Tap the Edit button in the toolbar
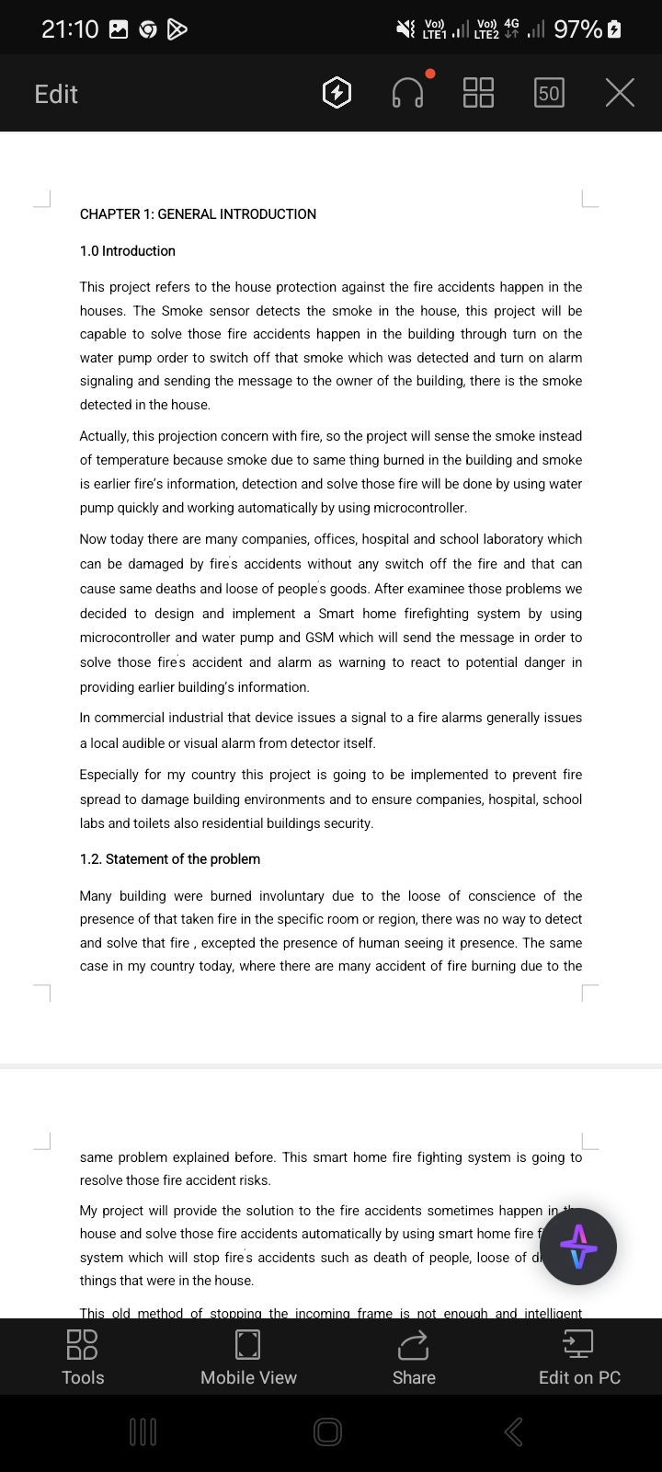[x=56, y=94]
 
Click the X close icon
[x=621, y=93]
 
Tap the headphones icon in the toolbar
[x=408, y=93]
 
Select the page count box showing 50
[x=549, y=93]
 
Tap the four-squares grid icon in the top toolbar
[x=478, y=93]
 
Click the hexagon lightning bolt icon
[x=337, y=93]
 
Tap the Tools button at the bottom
[x=83, y=1358]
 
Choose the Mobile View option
[x=248, y=1358]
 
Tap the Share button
[x=414, y=1358]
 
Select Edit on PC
[x=579, y=1358]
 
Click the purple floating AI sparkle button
[x=578, y=1247]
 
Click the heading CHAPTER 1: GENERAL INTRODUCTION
[x=198, y=214]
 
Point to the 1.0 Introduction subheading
[x=127, y=251]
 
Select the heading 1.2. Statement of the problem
[x=170, y=859]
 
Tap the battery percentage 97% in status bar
[x=577, y=29]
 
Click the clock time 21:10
[x=70, y=29]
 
